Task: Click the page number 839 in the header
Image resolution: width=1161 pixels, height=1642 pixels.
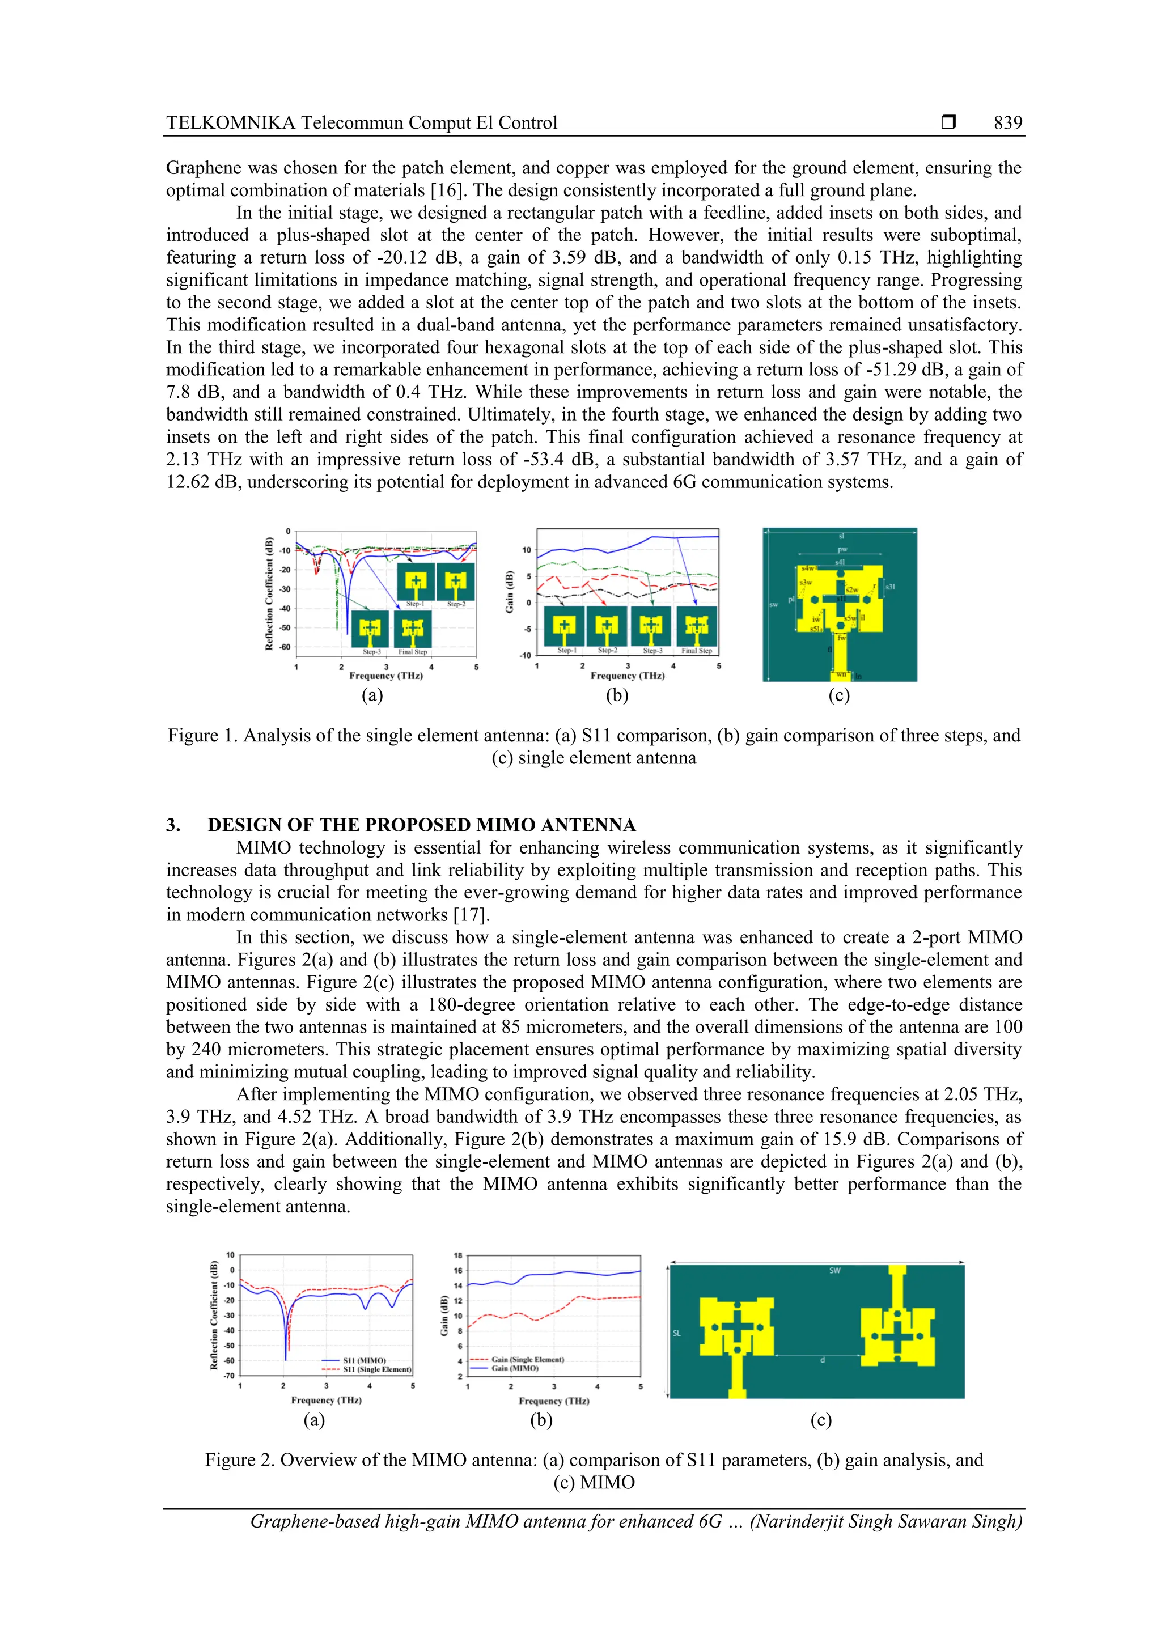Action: pos(1007,123)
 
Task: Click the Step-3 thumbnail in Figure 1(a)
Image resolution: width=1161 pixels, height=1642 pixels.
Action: pos(371,629)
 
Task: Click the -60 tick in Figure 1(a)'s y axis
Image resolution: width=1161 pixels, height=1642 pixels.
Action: pos(284,647)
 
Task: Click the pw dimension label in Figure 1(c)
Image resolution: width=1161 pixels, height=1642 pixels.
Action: pos(842,549)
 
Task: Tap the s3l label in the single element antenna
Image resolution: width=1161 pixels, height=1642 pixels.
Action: pos(890,587)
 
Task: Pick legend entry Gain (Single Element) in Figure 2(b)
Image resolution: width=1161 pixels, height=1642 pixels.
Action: pos(527,1360)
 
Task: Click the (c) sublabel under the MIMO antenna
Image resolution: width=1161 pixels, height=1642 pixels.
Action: pos(820,1420)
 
